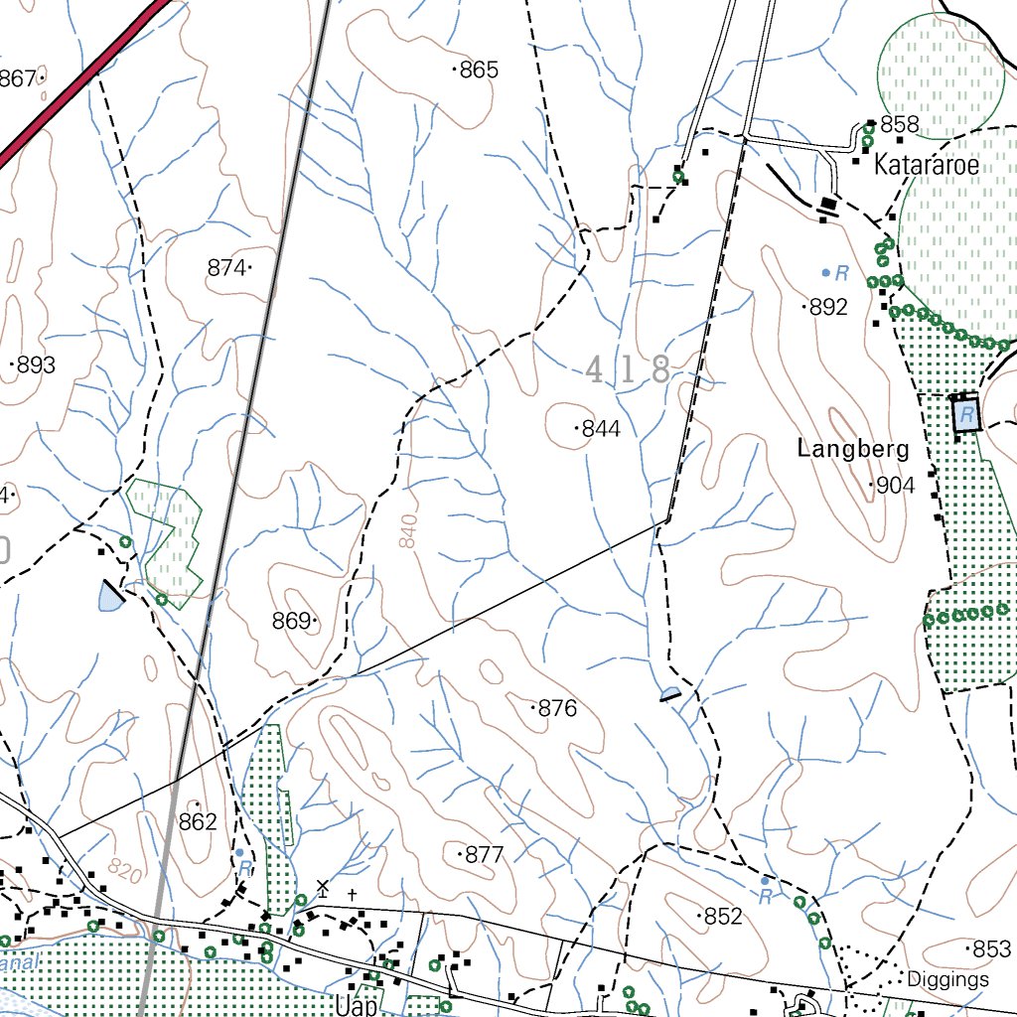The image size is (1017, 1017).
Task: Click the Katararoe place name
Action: [926, 166]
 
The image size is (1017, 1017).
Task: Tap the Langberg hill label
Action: [853, 449]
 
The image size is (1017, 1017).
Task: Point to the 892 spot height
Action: [828, 308]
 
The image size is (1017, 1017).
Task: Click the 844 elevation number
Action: [600, 429]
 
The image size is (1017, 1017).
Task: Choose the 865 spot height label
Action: [478, 71]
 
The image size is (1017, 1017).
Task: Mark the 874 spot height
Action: [226, 267]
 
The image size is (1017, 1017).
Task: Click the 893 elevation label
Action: [36, 365]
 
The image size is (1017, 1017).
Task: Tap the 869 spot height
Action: [292, 621]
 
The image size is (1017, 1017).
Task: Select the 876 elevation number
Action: [556, 709]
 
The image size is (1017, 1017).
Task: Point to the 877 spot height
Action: [484, 855]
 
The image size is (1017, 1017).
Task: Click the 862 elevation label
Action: [198, 821]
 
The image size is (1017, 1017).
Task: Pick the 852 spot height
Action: [722, 917]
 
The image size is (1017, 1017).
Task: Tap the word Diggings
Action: [947, 980]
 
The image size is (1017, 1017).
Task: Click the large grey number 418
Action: [628, 370]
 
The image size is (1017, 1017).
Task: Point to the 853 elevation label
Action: [990, 949]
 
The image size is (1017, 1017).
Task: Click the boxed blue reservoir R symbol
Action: [964, 414]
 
